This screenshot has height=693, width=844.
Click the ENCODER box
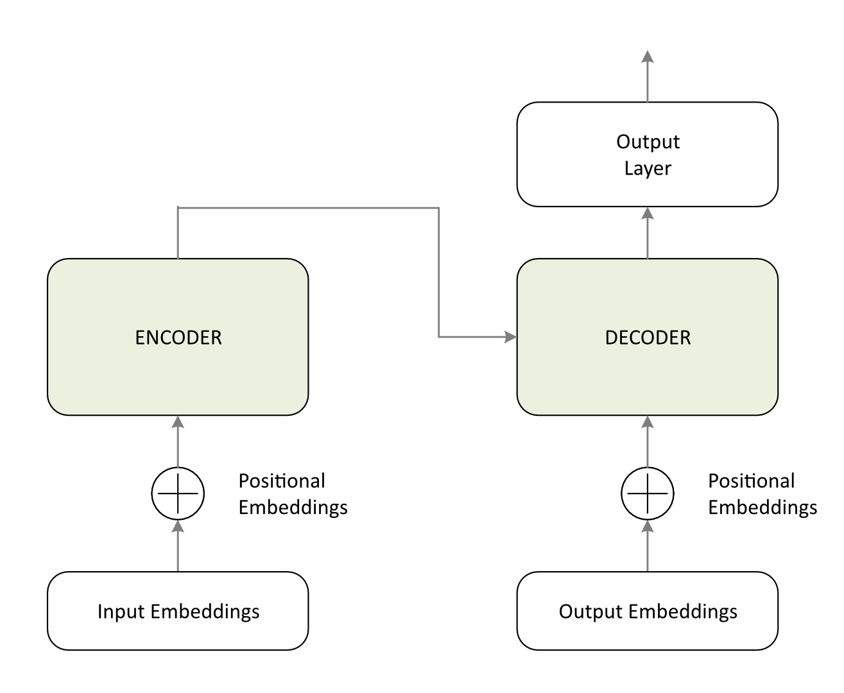point(178,337)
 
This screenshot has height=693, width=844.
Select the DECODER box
point(647,337)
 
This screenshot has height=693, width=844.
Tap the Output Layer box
point(647,155)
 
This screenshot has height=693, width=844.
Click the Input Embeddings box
point(178,611)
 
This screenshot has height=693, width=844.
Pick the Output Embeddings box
point(647,611)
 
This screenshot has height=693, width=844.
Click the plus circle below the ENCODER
point(178,493)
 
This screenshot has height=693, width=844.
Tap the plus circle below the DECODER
point(647,493)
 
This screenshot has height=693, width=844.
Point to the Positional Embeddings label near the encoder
point(293,494)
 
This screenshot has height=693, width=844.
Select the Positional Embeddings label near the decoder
point(762,494)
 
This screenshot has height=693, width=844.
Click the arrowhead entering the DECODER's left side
point(510,336)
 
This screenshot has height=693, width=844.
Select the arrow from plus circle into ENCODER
point(178,441)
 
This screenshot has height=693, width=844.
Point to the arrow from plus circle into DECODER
point(647,441)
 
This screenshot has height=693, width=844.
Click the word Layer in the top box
point(648,169)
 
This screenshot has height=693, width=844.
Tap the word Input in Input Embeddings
point(122,612)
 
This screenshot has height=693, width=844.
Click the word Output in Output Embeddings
point(590,612)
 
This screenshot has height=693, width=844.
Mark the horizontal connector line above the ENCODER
point(308,208)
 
